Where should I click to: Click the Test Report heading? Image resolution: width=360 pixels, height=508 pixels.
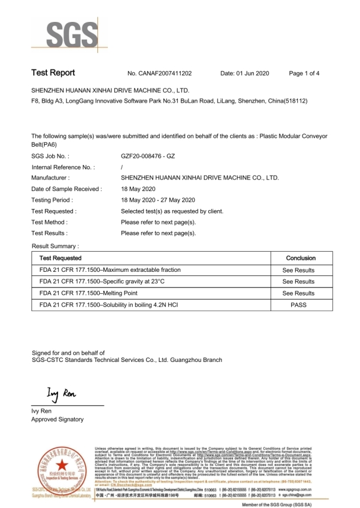[x=53, y=73]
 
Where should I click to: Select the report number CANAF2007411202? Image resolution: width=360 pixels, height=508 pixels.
[x=160, y=74]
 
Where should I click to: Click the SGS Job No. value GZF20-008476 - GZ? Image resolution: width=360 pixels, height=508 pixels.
[x=148, y=156]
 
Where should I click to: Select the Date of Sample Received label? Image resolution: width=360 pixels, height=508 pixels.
[x=66, y=189]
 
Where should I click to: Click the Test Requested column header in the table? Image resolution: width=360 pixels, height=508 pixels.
[x=60, y=258]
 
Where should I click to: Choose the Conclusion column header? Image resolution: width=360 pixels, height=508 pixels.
[x=301, y=258]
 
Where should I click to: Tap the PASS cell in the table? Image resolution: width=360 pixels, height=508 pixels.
[x=298, y=304]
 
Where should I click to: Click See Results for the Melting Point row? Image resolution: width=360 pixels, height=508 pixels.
[x=298, y=293]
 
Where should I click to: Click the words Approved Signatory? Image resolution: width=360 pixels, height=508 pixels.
[x=58, y=420]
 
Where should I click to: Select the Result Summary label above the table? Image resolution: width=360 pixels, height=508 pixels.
[x=55, y=245]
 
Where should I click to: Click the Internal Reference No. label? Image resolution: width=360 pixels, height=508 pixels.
[x=63, y=167]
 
